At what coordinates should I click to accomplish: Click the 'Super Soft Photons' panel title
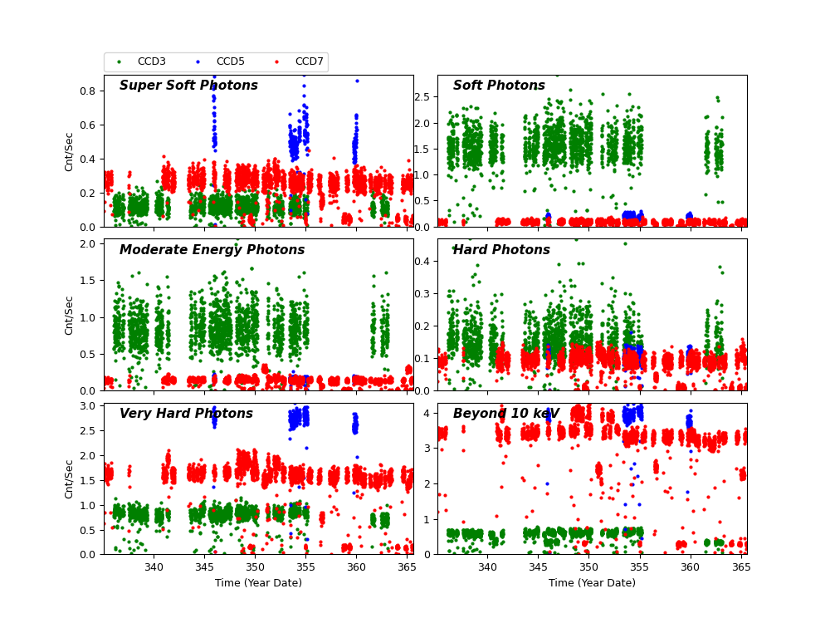tap(188, 86)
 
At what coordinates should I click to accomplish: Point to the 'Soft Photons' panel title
tap(499, 86)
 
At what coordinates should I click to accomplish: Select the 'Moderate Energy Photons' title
tap(212, 250)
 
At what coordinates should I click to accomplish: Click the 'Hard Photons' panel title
tap(501, 250)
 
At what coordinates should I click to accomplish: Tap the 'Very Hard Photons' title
tap(186, 414)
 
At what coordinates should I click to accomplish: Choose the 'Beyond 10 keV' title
tap(505, 414)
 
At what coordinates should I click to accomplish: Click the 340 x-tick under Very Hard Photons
tap(154, 567)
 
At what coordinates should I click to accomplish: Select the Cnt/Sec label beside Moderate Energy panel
tap(70, 315)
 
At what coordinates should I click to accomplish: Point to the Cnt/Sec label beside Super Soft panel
tap(70, 151)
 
